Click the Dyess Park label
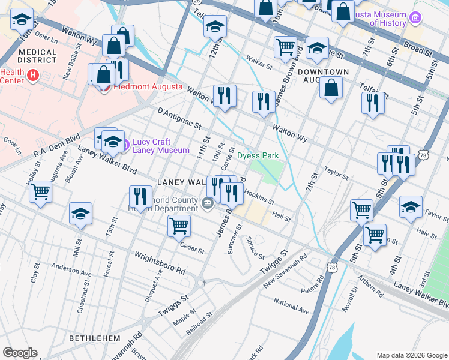click(x=258, y=155)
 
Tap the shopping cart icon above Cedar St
click(x=179, y=226)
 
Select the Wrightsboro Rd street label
click(x=160, y=263)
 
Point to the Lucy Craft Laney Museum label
click(x=160, y=146)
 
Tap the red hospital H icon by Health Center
click(x=33, y=76)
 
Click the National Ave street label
click(x=291, y=305)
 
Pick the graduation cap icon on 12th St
click(x=215, y=26)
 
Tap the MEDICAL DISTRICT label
click(x=37, y=56)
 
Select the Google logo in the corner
click(x=20, y=353)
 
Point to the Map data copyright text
click(x=411, y=355)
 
